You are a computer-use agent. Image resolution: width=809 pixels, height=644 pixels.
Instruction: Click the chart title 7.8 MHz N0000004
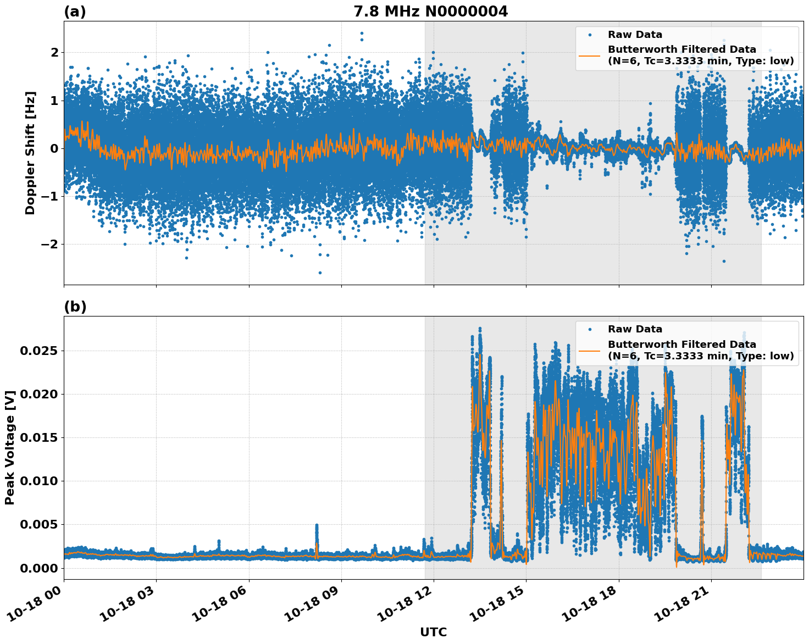point(430,11)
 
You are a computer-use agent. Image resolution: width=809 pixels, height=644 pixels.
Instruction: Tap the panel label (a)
point(75,12)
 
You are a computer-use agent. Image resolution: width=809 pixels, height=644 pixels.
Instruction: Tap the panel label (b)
point(75,307)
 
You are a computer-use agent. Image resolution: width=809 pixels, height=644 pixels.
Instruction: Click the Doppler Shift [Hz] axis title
point(30,153)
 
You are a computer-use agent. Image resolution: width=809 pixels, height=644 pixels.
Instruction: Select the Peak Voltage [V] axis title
point(10,447)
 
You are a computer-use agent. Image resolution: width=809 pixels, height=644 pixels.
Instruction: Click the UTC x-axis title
point(433,632)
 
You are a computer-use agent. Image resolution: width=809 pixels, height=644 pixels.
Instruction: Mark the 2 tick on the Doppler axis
point(54,52)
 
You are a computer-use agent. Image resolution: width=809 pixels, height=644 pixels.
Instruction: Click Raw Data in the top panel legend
point(635,35)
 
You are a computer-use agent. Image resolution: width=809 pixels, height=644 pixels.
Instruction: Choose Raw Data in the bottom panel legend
point(635,329)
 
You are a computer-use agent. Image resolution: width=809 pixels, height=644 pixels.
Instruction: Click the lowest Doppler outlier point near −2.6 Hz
point(320,273)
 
